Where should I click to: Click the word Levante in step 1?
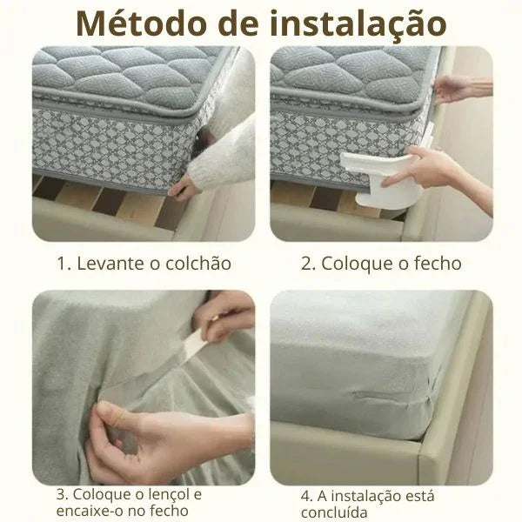[110, 264]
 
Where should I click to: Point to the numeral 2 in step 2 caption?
[306, 264]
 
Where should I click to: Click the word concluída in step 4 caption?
[334, 512]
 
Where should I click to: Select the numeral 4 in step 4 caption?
[305, 497]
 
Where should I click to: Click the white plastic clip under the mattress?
[379, 180]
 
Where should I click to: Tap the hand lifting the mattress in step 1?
[183, 190]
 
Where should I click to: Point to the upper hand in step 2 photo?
[461, 90]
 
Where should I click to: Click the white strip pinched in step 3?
[197, 345]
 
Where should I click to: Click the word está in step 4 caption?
[420, 496]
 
